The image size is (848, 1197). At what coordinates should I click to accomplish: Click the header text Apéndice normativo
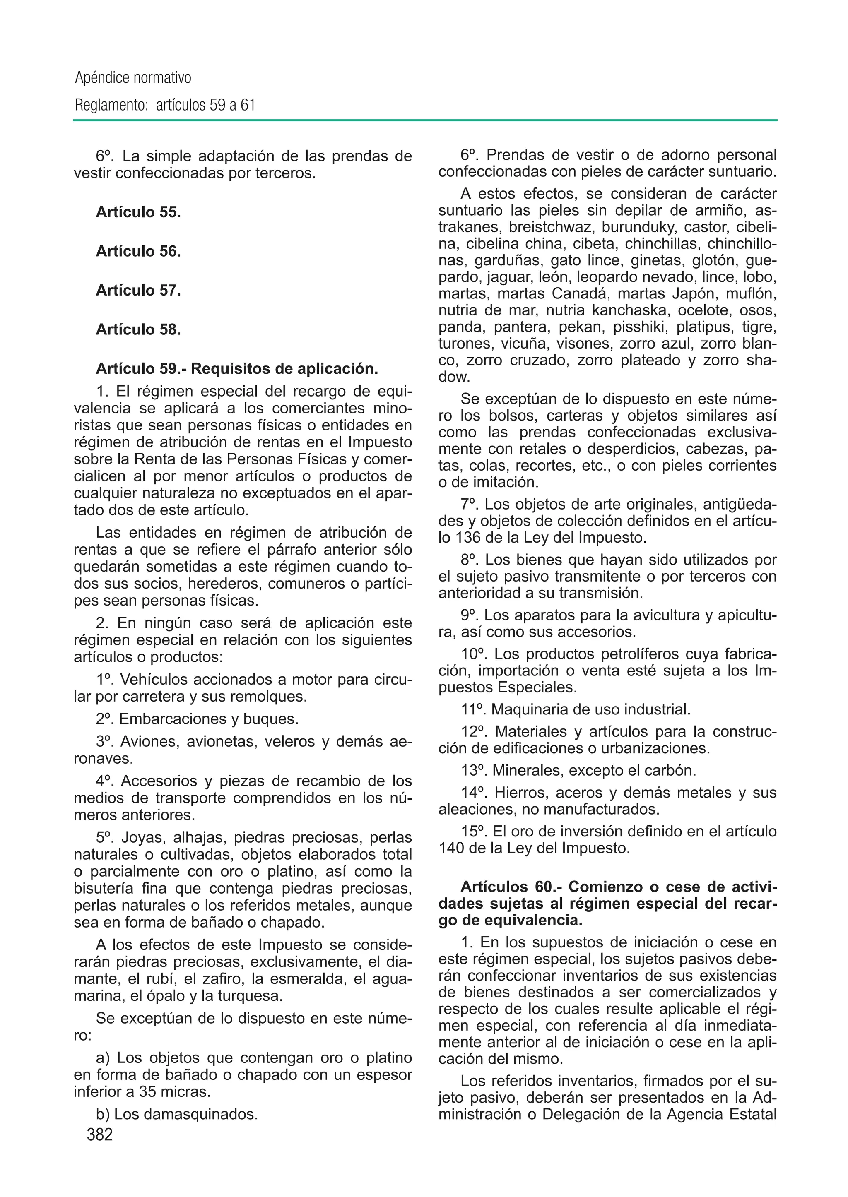(133, 78)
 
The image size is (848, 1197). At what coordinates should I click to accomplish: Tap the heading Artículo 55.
(138, 212)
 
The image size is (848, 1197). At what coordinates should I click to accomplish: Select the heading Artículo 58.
(138, 329)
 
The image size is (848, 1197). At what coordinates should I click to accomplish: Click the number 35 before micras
(148, 1091)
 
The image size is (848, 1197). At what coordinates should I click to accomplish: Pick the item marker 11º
(474, 709)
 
